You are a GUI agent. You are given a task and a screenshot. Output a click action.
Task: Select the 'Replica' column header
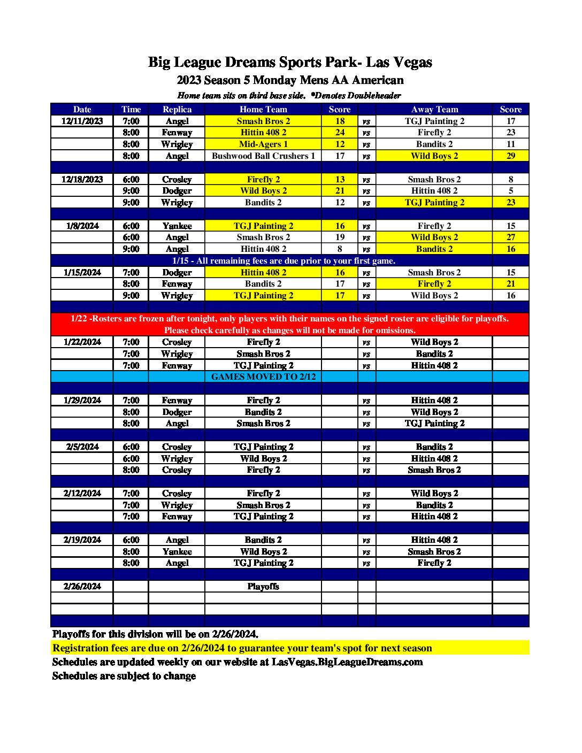[x=177, y=109]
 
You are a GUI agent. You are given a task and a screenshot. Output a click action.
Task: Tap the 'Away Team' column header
[x=434, y=109]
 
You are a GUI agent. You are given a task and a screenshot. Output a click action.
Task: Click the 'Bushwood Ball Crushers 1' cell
[x=263, y=156]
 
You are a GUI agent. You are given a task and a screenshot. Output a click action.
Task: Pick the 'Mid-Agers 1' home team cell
[x=263, y=144]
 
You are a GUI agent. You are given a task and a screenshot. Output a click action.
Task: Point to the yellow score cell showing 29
[x=510, y=156]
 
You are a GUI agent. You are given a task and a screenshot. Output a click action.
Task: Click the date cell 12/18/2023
[x=82, y=179]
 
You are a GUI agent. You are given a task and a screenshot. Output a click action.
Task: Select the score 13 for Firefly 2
[x=340, y=179]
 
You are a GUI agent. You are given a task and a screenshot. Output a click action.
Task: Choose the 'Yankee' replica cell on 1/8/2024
[x=177, y=226]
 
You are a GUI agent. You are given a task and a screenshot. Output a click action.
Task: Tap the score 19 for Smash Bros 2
[x=340, y=237]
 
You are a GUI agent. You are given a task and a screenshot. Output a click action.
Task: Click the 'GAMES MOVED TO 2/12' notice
[x=263, y=376]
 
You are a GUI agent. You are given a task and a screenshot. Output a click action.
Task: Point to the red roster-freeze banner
[x=289, y=324]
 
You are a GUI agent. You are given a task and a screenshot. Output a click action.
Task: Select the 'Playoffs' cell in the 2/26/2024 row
[x=263, y=586]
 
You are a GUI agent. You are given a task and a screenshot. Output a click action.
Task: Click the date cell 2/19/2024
[x=82, y=540]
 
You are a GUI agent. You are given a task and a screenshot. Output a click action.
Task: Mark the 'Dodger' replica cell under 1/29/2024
[x=177, y=412]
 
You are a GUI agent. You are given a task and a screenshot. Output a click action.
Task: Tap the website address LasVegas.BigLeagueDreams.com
[x=347, y=662]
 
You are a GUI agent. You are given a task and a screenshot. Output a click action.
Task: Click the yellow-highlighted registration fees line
[x=242, y=648]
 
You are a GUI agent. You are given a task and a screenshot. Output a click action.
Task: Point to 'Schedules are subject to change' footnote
[x=124, y=675]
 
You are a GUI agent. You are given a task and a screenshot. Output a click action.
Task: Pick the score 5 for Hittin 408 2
[x=510, y=191]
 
